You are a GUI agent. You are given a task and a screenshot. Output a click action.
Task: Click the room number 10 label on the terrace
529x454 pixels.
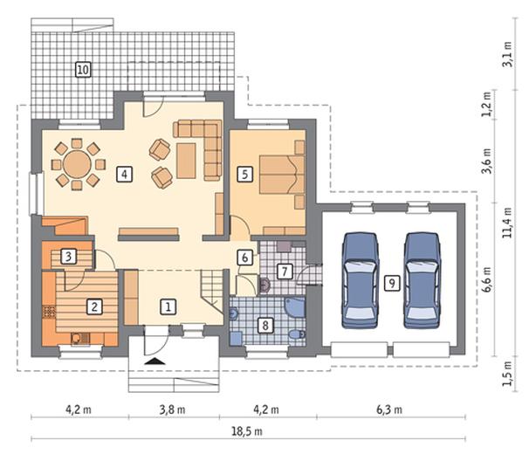pos(83,70)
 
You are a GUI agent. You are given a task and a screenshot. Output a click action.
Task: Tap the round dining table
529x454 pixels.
pos(77,164)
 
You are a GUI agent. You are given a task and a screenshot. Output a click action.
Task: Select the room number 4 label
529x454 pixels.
pos(124,175)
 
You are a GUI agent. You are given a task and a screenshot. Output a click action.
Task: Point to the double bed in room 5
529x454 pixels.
pos(282,174)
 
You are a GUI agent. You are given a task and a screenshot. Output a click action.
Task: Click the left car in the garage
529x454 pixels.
pos(360,280)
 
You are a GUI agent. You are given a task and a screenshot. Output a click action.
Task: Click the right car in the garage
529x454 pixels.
pos(423,280)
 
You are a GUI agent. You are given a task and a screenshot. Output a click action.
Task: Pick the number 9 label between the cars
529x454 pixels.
pos(392,283)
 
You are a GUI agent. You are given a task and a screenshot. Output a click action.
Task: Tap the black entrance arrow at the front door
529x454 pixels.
pos(155,361)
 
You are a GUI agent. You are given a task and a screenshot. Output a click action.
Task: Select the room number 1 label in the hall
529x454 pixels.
pos(168,306)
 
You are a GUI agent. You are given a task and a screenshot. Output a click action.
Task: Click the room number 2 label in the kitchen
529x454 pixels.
pos(94,306)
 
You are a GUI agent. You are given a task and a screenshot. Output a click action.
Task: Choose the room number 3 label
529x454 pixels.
pos(68,257)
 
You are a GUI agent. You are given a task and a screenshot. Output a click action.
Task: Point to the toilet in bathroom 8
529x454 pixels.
pos(297,334)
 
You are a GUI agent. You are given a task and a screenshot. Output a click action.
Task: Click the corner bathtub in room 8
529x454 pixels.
pos(295,307)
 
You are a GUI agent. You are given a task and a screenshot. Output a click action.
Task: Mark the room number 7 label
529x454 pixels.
pos(285,272)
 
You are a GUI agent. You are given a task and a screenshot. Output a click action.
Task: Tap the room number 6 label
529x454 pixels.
pos(244,258)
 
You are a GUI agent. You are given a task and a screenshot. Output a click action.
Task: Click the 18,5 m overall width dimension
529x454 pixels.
pos(247,431)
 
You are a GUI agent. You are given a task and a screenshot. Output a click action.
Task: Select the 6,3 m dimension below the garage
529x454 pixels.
pos(389,409)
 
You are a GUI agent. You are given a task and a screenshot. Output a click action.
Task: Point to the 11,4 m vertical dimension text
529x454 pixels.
pos(507,223)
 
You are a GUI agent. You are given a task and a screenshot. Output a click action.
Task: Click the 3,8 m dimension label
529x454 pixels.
pos(172,409)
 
